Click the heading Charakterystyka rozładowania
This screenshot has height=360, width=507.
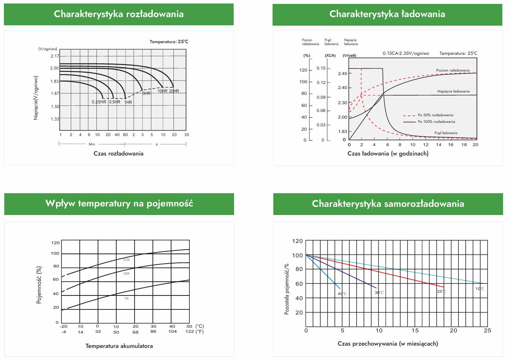tap(119, 14)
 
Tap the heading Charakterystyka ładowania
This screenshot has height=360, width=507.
tap(387, 14)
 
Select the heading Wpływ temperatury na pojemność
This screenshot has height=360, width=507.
tap(119, 203)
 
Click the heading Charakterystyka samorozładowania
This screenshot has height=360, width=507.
tap(388, 204)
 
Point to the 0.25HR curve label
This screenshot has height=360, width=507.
tap(99, 102)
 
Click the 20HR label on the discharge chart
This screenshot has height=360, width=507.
tap(174, 91)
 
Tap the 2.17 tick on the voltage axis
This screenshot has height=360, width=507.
tap(54, 56)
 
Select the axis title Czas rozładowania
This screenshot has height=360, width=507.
tap(118, 154)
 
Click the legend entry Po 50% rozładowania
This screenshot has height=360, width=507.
tap(435, 115)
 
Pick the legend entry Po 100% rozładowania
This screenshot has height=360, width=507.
tap(436, 122)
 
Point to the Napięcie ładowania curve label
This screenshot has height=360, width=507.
tap(453, 92)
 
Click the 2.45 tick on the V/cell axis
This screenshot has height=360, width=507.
tap(342, 73)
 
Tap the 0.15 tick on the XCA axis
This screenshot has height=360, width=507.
tap(321, 68)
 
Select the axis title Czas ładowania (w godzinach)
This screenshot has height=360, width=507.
tap(388, 154)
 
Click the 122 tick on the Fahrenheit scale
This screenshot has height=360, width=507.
tap(189, 332)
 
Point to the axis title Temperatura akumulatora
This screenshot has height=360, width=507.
tap(119, 346)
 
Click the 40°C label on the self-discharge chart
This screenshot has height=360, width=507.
tap(342, 294)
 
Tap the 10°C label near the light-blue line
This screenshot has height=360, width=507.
tap(480, 289)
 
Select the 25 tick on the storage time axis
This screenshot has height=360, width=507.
tap(487, 330)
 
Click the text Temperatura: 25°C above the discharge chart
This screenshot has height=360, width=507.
tap(169, 42)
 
